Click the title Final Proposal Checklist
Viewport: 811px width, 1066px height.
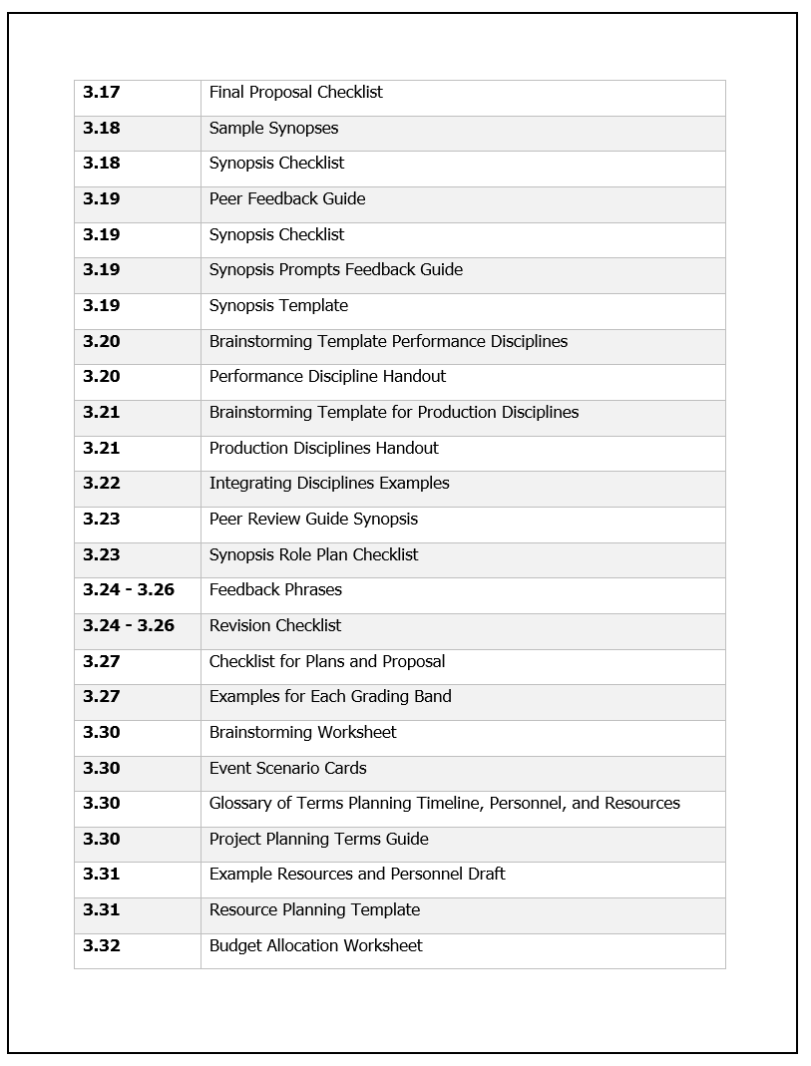click(295, 93)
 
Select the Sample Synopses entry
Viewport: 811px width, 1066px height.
click(273, 129)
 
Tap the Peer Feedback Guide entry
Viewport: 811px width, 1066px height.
click(287, 199)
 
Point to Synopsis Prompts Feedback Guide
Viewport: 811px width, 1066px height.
click(335, 270)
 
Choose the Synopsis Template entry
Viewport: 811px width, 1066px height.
click(278, 306)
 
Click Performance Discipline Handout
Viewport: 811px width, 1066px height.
click(327, 377)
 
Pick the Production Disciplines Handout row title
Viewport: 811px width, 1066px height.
click(323, 449)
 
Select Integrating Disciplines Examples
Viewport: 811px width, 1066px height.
click(329, 484)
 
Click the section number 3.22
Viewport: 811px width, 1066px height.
click(101, 484)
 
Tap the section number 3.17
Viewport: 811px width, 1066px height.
click(101, 93)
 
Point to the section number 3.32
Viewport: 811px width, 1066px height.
click(101, 946)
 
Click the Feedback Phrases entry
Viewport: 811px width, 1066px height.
click(275, 590)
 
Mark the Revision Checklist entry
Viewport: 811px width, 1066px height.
click(275, 626)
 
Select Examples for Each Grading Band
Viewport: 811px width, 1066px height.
click(330, 697)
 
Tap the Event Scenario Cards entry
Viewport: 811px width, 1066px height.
click(287, 769)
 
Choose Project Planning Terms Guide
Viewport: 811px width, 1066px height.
click(318, 840)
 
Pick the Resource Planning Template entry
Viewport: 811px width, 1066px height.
click(314, 910)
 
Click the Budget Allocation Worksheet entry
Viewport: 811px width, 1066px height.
click(315, 946)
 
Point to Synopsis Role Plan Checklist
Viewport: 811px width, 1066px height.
click(313, 555)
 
